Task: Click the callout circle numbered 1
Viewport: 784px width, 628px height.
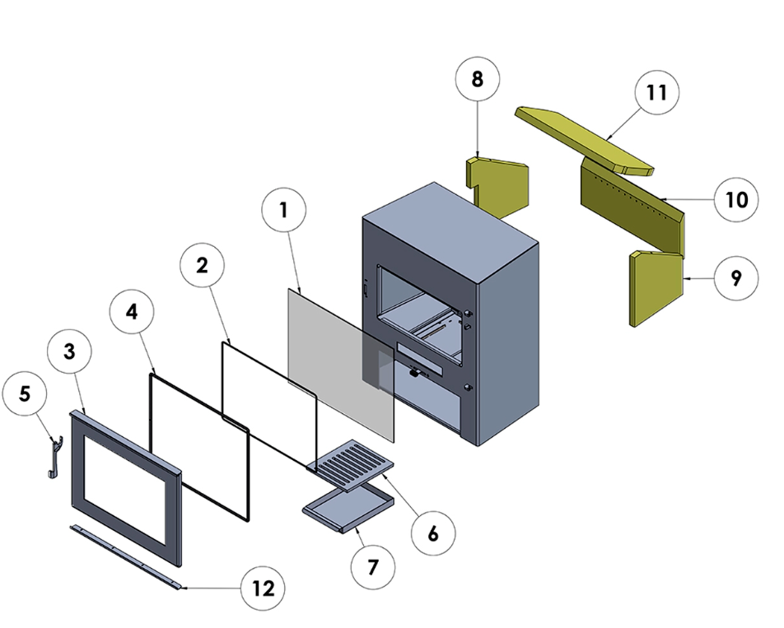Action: tap(283, 210)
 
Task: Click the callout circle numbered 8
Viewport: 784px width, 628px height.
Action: tap(478, 80)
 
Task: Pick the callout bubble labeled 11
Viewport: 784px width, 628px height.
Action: tap(656, 93)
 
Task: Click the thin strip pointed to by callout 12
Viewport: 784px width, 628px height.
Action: tap(128, 556)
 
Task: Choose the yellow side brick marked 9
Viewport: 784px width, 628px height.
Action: tap(656, 289)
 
